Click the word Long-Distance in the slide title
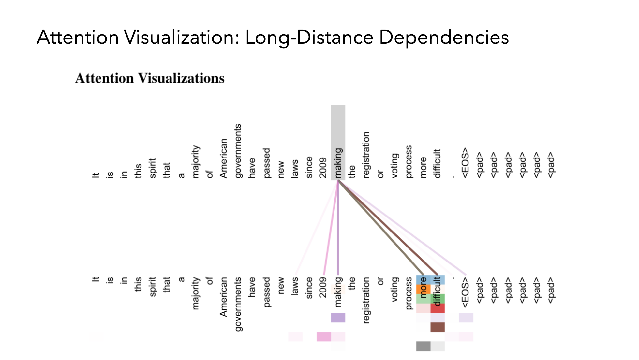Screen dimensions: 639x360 pos(309,37)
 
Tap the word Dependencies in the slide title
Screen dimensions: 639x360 pos(444,37)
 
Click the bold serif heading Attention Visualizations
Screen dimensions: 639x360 pos(150,78)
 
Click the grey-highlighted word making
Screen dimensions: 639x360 pos(338,163)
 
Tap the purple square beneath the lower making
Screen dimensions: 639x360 pos(338,318)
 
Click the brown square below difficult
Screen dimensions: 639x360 pos(438,327)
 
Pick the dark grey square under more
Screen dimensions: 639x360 pos(423,346)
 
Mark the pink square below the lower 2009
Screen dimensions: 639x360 pos(324,337)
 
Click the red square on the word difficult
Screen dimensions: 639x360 pos(438,308)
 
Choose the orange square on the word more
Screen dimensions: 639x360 pos(423,289)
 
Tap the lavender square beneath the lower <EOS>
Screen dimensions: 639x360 pos(466,318)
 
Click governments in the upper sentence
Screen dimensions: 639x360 pos(238,151)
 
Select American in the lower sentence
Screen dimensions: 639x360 pos(224,297)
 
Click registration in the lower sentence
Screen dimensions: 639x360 pos(366,300)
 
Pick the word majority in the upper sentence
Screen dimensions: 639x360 pos(196,162)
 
